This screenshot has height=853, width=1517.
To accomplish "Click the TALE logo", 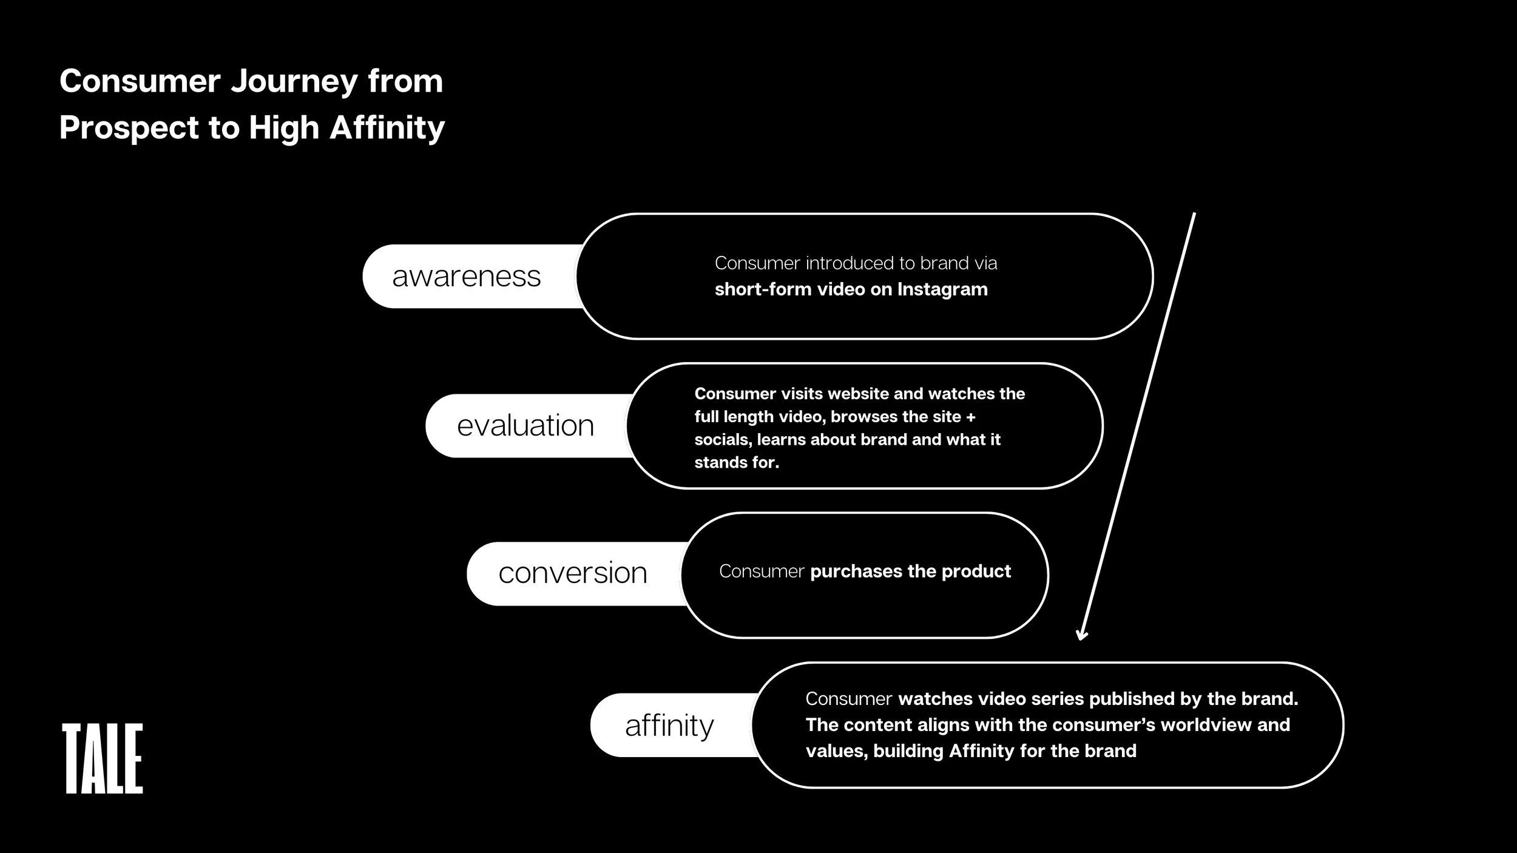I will point(103,758).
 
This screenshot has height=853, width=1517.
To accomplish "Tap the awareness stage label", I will point(466,277).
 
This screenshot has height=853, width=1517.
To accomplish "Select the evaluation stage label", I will point(525,425).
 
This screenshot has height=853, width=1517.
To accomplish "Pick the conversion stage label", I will point(573,573).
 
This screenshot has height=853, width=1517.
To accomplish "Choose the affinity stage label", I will point(669,726).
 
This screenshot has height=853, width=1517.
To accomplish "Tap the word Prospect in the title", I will point(129,128).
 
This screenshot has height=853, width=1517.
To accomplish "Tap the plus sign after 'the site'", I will point(971,417).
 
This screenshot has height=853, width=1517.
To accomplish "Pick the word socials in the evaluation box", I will point(722,440).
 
